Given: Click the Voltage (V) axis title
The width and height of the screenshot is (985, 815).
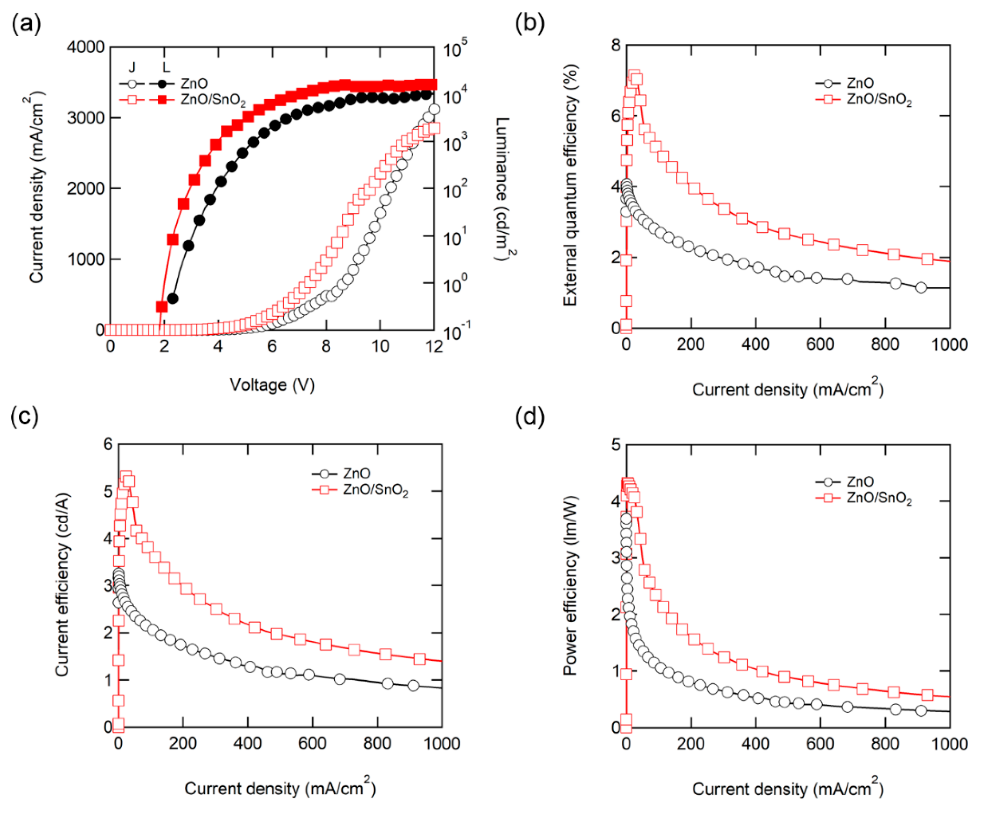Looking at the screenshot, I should (272, 385).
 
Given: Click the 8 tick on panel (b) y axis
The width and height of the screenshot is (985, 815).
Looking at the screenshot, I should (615, 45).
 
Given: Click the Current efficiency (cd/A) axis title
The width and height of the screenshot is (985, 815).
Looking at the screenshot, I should (62, 584).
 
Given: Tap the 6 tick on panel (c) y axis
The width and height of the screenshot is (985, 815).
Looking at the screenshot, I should (109, 444).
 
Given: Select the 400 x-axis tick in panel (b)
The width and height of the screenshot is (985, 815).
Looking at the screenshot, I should (755, 344).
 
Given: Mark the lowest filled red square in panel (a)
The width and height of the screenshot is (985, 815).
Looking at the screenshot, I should (161, 307).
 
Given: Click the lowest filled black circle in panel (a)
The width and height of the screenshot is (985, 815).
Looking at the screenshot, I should (172, 299).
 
